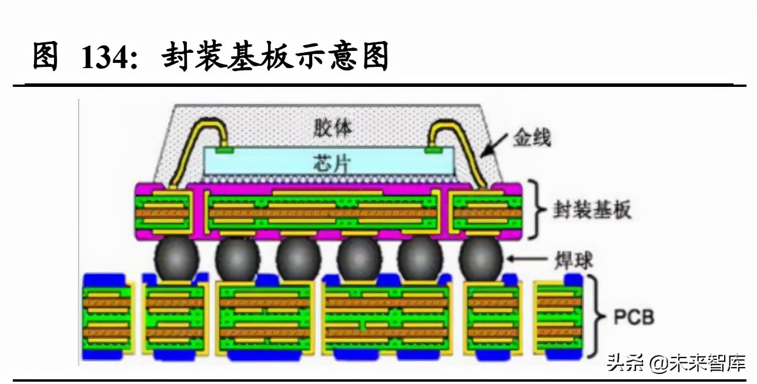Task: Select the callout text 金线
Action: [531, 139]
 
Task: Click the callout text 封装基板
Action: [592, 210]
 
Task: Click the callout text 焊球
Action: [573, 259]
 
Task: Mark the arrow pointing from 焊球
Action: [529, 259]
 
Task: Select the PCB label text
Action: [634, 318]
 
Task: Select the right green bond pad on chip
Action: [435, 150]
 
